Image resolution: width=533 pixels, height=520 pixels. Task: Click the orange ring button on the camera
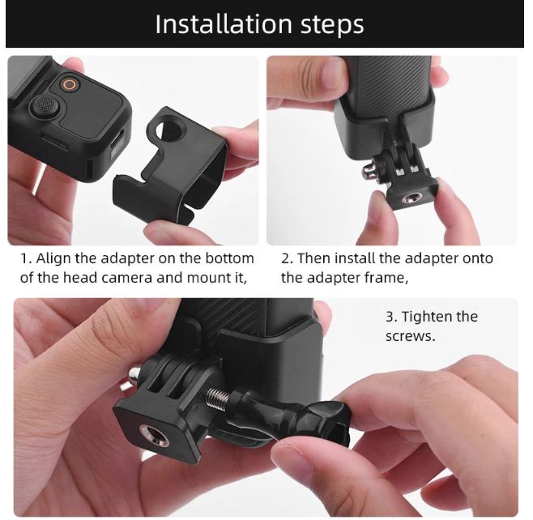pyautogui.click(x=70, y=84)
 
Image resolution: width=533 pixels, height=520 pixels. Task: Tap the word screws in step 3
pyautogui.click(x=410, y=335)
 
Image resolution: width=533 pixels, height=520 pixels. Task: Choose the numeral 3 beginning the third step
pyautogui.click(x=390, y=317)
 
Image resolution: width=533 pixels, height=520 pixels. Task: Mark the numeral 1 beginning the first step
pyautogui.click(x=24, y=258)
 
